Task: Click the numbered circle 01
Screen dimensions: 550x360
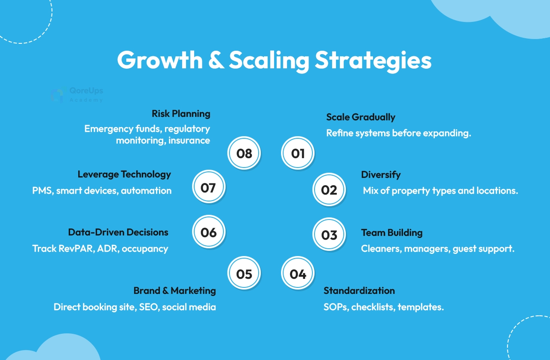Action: (x=298, y=153)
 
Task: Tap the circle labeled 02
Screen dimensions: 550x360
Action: (x=329, y=189)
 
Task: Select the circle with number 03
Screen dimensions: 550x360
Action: (x=329, y=234)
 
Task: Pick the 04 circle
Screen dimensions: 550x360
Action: (x=298, y=273)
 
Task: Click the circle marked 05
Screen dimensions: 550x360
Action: (x=244, y=273)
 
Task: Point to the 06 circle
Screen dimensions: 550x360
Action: (x=209, y=232)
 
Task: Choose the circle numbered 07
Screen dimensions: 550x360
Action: (x=209, y=187)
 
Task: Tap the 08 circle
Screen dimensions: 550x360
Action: (x=244, y=153)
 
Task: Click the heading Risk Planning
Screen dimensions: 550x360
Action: (x=181, y=114)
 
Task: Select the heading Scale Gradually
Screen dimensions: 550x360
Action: (x=361, y=117)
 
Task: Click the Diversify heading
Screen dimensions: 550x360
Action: (x=381, y=175)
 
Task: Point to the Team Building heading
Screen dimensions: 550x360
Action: (x=392, y=233)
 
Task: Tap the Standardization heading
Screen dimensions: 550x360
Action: (x=359, y=291)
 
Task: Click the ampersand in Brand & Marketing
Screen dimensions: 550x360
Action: (x=165, y=291)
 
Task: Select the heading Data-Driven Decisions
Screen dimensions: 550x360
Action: (x=118, y=232)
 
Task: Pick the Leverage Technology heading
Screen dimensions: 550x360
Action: (x=124, y=174)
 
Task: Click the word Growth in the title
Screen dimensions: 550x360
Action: (x=160, y=60)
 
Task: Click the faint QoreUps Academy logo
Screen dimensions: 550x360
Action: (x=77, y=95)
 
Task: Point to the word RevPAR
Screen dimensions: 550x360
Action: (x=76, y=248)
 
